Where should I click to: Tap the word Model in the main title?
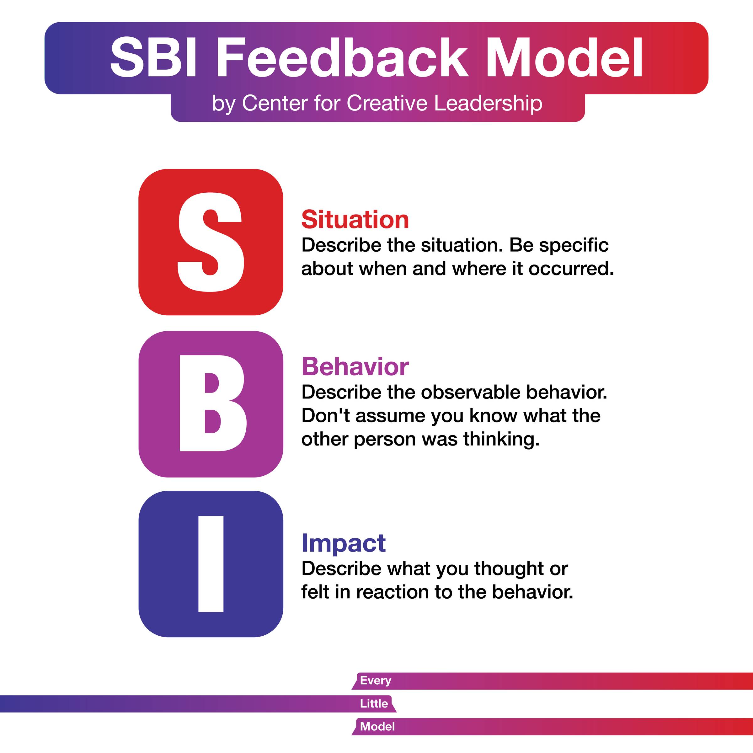pos(564,58)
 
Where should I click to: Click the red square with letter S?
pos(211,242)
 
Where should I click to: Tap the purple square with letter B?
pos(211,404)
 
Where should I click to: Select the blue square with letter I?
pos(211,564)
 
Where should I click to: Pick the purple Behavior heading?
pos(355,367)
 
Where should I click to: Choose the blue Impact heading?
pos(343,543)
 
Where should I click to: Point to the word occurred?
pos(571,269)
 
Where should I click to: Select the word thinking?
pos(501,440)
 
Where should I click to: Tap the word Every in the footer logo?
pos(375,681)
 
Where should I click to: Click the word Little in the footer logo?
pos(374,703)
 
